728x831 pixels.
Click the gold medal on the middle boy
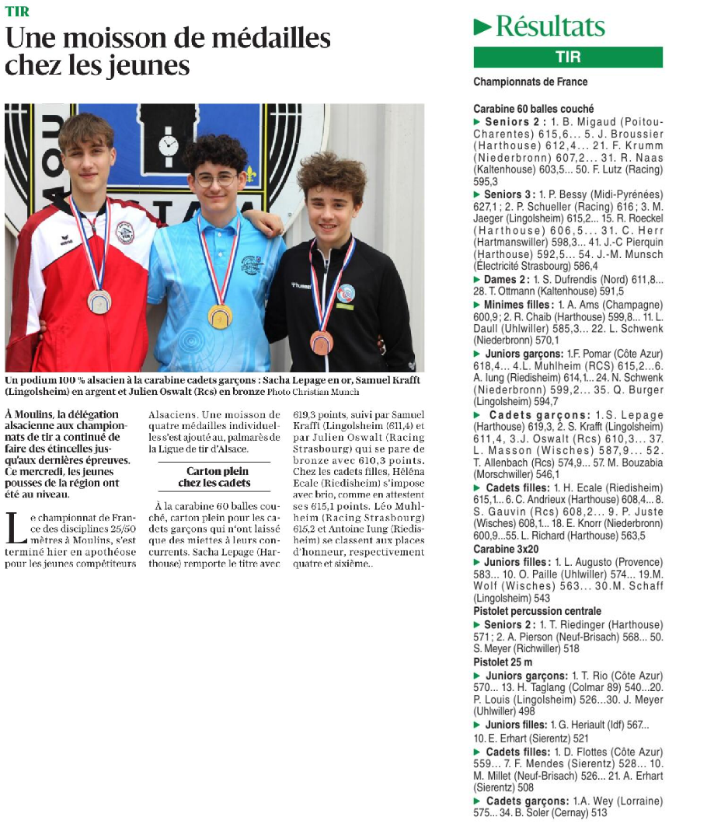click(x=220, y=316)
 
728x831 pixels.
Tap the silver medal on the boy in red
click(x=99, y=301)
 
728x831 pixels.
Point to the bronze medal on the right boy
click(x=322, y=342)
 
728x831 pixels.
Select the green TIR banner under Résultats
click(x=568, y=58)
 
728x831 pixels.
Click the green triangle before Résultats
click(x=482, y=27)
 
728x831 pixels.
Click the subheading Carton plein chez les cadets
click(x=214, y=477)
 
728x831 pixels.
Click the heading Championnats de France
click(x=530, y=82)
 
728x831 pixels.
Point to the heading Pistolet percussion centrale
click(x=537, y=612)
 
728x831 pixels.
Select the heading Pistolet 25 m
click(x=503, y=662)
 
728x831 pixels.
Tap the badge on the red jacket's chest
click(x=124, y=232)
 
